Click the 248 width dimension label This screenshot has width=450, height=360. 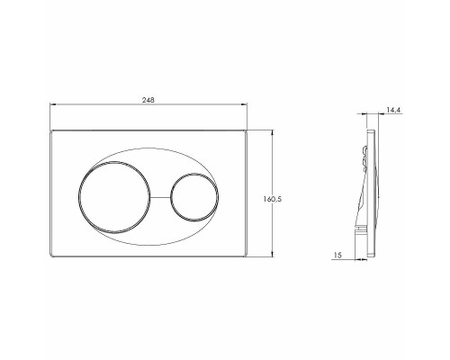click(148, 100)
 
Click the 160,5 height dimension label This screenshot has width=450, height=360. click(273, 199)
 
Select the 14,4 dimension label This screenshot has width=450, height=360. click(393, 110)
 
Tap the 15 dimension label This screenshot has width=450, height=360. click(337, 256)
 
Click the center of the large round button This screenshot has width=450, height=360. click(114, 197)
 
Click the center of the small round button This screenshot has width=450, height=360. click(194, 197)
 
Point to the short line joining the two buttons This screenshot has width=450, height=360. click(160, 197)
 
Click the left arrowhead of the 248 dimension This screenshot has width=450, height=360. click(52, 104)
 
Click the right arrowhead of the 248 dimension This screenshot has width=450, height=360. click(244, 104)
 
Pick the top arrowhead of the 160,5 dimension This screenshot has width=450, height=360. click(272, 132)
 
